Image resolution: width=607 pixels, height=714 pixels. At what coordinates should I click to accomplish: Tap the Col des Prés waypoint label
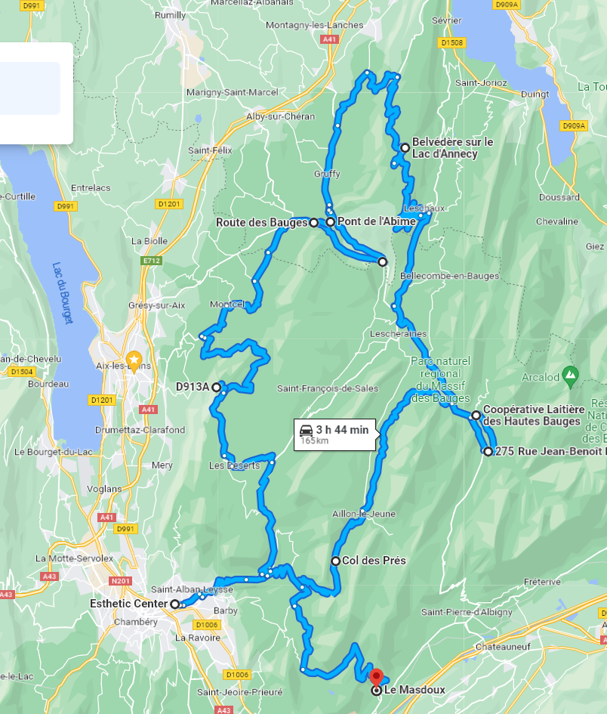pos(374,561)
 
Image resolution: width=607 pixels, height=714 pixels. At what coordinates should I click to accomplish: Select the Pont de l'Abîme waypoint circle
pos(330,222)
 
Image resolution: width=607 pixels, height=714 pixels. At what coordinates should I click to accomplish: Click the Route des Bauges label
pos(261,223)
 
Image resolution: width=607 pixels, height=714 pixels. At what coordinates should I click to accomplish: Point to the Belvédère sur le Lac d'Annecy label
pos(451,148)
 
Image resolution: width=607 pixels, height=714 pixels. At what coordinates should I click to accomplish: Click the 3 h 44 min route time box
pos(334,434)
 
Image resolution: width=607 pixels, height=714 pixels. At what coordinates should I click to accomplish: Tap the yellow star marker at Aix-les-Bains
pos(134,360)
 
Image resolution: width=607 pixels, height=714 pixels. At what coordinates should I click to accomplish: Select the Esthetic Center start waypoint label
pos(128,604)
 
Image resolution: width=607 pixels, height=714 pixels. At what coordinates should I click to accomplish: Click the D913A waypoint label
pos(192,387)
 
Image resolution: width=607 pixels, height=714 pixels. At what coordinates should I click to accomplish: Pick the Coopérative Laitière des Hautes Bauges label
pos(534,416)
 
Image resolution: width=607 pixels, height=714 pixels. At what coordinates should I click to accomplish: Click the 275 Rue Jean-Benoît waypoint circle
pos(488,452)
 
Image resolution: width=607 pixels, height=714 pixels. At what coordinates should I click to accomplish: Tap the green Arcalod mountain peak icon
pos(571,374)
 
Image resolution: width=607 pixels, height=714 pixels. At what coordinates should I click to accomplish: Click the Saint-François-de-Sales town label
pos(328,388)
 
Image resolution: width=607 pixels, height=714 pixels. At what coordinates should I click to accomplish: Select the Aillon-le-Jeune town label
pos(364,514)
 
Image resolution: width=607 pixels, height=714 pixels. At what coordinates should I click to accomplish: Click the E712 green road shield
pos(151,261)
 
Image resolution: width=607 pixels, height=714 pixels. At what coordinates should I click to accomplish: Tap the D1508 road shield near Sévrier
pos(452,43)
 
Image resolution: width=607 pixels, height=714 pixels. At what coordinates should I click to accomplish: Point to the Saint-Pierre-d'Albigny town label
pos(466,612)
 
